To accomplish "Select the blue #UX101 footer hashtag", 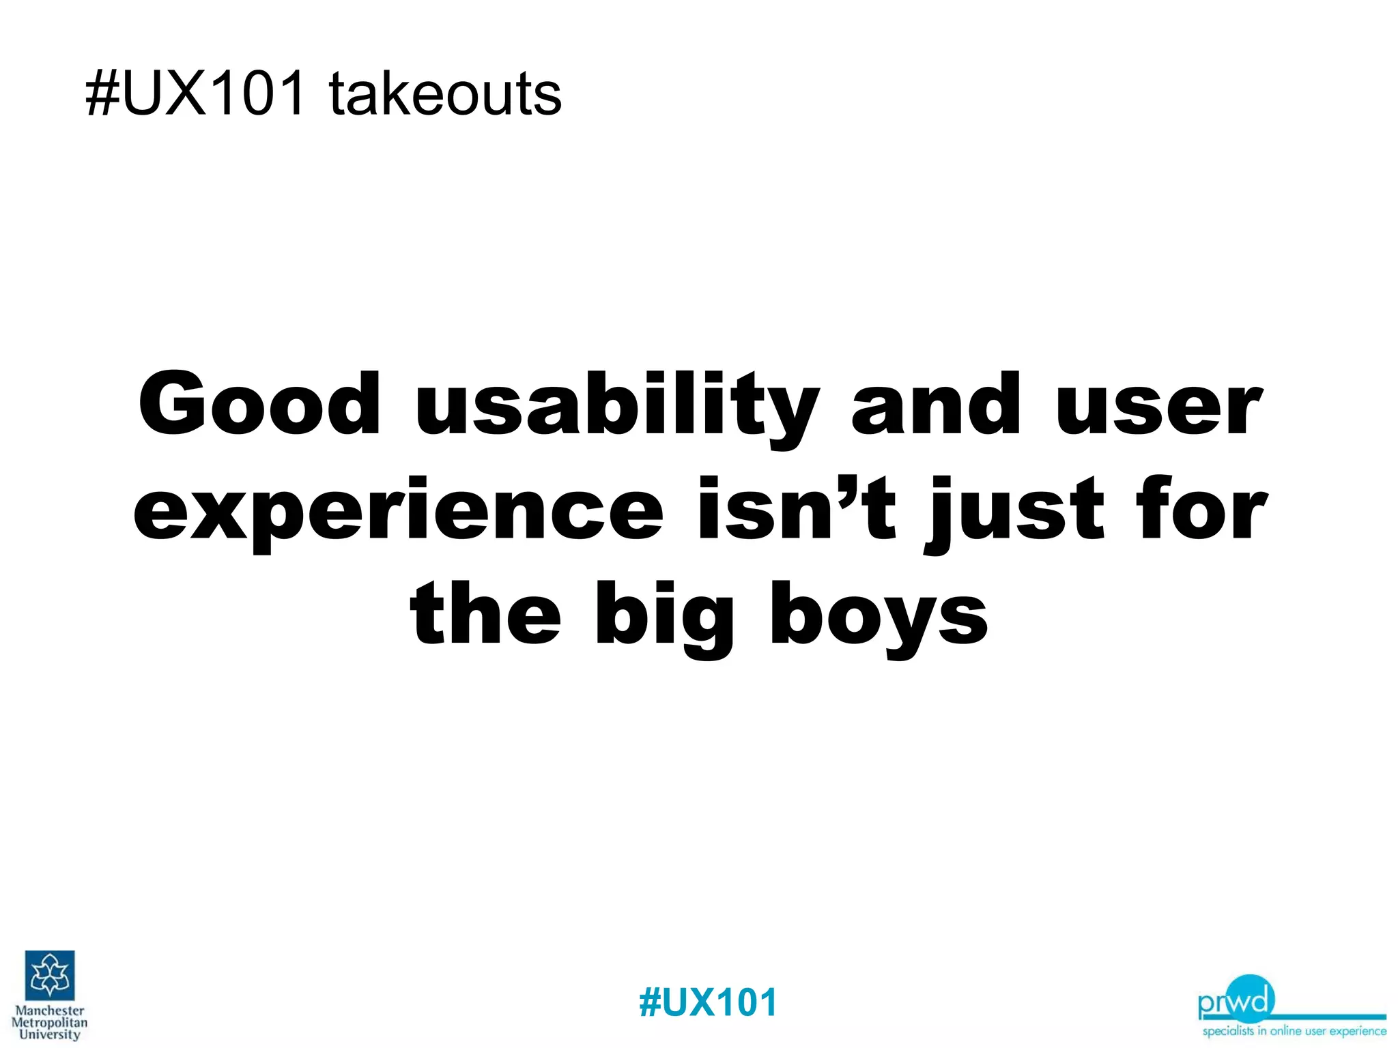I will pos(708,1002).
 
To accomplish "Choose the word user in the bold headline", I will pos(1159,408).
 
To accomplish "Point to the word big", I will pos(664,617).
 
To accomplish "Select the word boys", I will pos(879,617).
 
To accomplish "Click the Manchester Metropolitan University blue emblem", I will pos(50,975).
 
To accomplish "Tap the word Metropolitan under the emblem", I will pos(50,1022).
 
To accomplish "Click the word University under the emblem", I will pos(50,1034).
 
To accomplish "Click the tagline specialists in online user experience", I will pos(1294,1031).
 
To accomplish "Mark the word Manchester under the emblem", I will pos(50,1010).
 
